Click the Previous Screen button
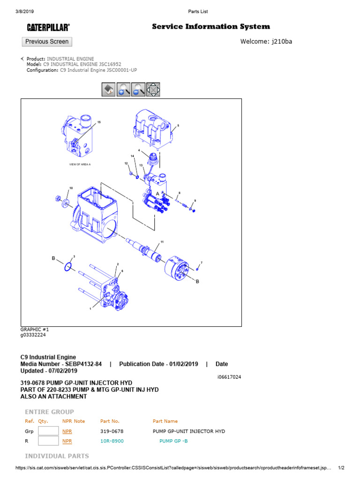tap(47, 42)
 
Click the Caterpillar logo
tap(48, 28)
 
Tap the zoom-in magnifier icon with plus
tap(124, 90)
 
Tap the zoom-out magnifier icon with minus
tap(138, 90)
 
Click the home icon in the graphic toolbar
tap(108, 90)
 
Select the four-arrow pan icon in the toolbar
tap(153, 90)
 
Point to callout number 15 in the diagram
tap(99, 122)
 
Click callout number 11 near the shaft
tap(162, 242)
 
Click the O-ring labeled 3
tap(68, 267)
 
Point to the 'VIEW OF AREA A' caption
tap(80, 165)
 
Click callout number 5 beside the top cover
tap(178, 126)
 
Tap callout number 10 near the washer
tap(71, 188)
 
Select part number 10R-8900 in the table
tap(112, 441)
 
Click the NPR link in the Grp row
tap(67, 431)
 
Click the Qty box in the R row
tap(48, 441)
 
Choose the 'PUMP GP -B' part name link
tap(173, 441)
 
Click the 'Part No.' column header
tap(110, 421)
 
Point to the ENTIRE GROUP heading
tap(49, 412)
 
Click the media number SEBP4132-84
tap(84, 364)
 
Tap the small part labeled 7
tap(198, 269)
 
